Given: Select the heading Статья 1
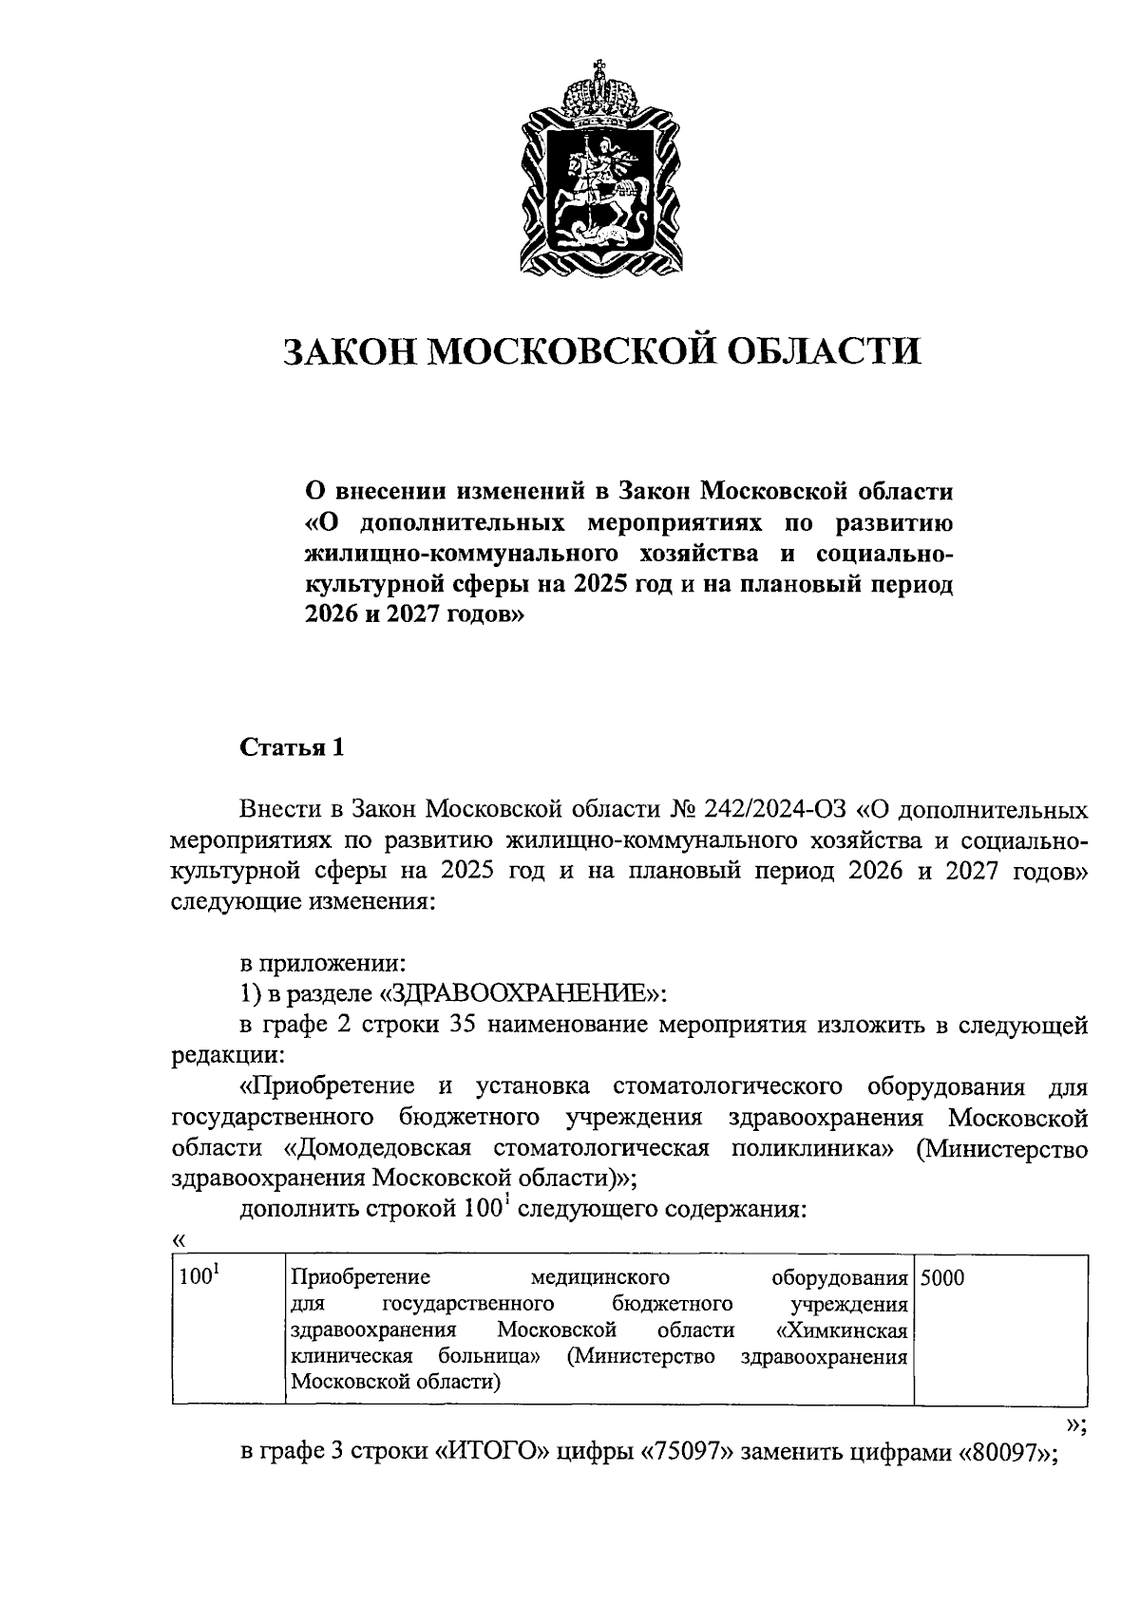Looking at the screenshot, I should (291, 747).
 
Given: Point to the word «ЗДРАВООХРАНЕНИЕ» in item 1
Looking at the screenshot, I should (522, 993).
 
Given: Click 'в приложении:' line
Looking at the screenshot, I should (322, 963).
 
